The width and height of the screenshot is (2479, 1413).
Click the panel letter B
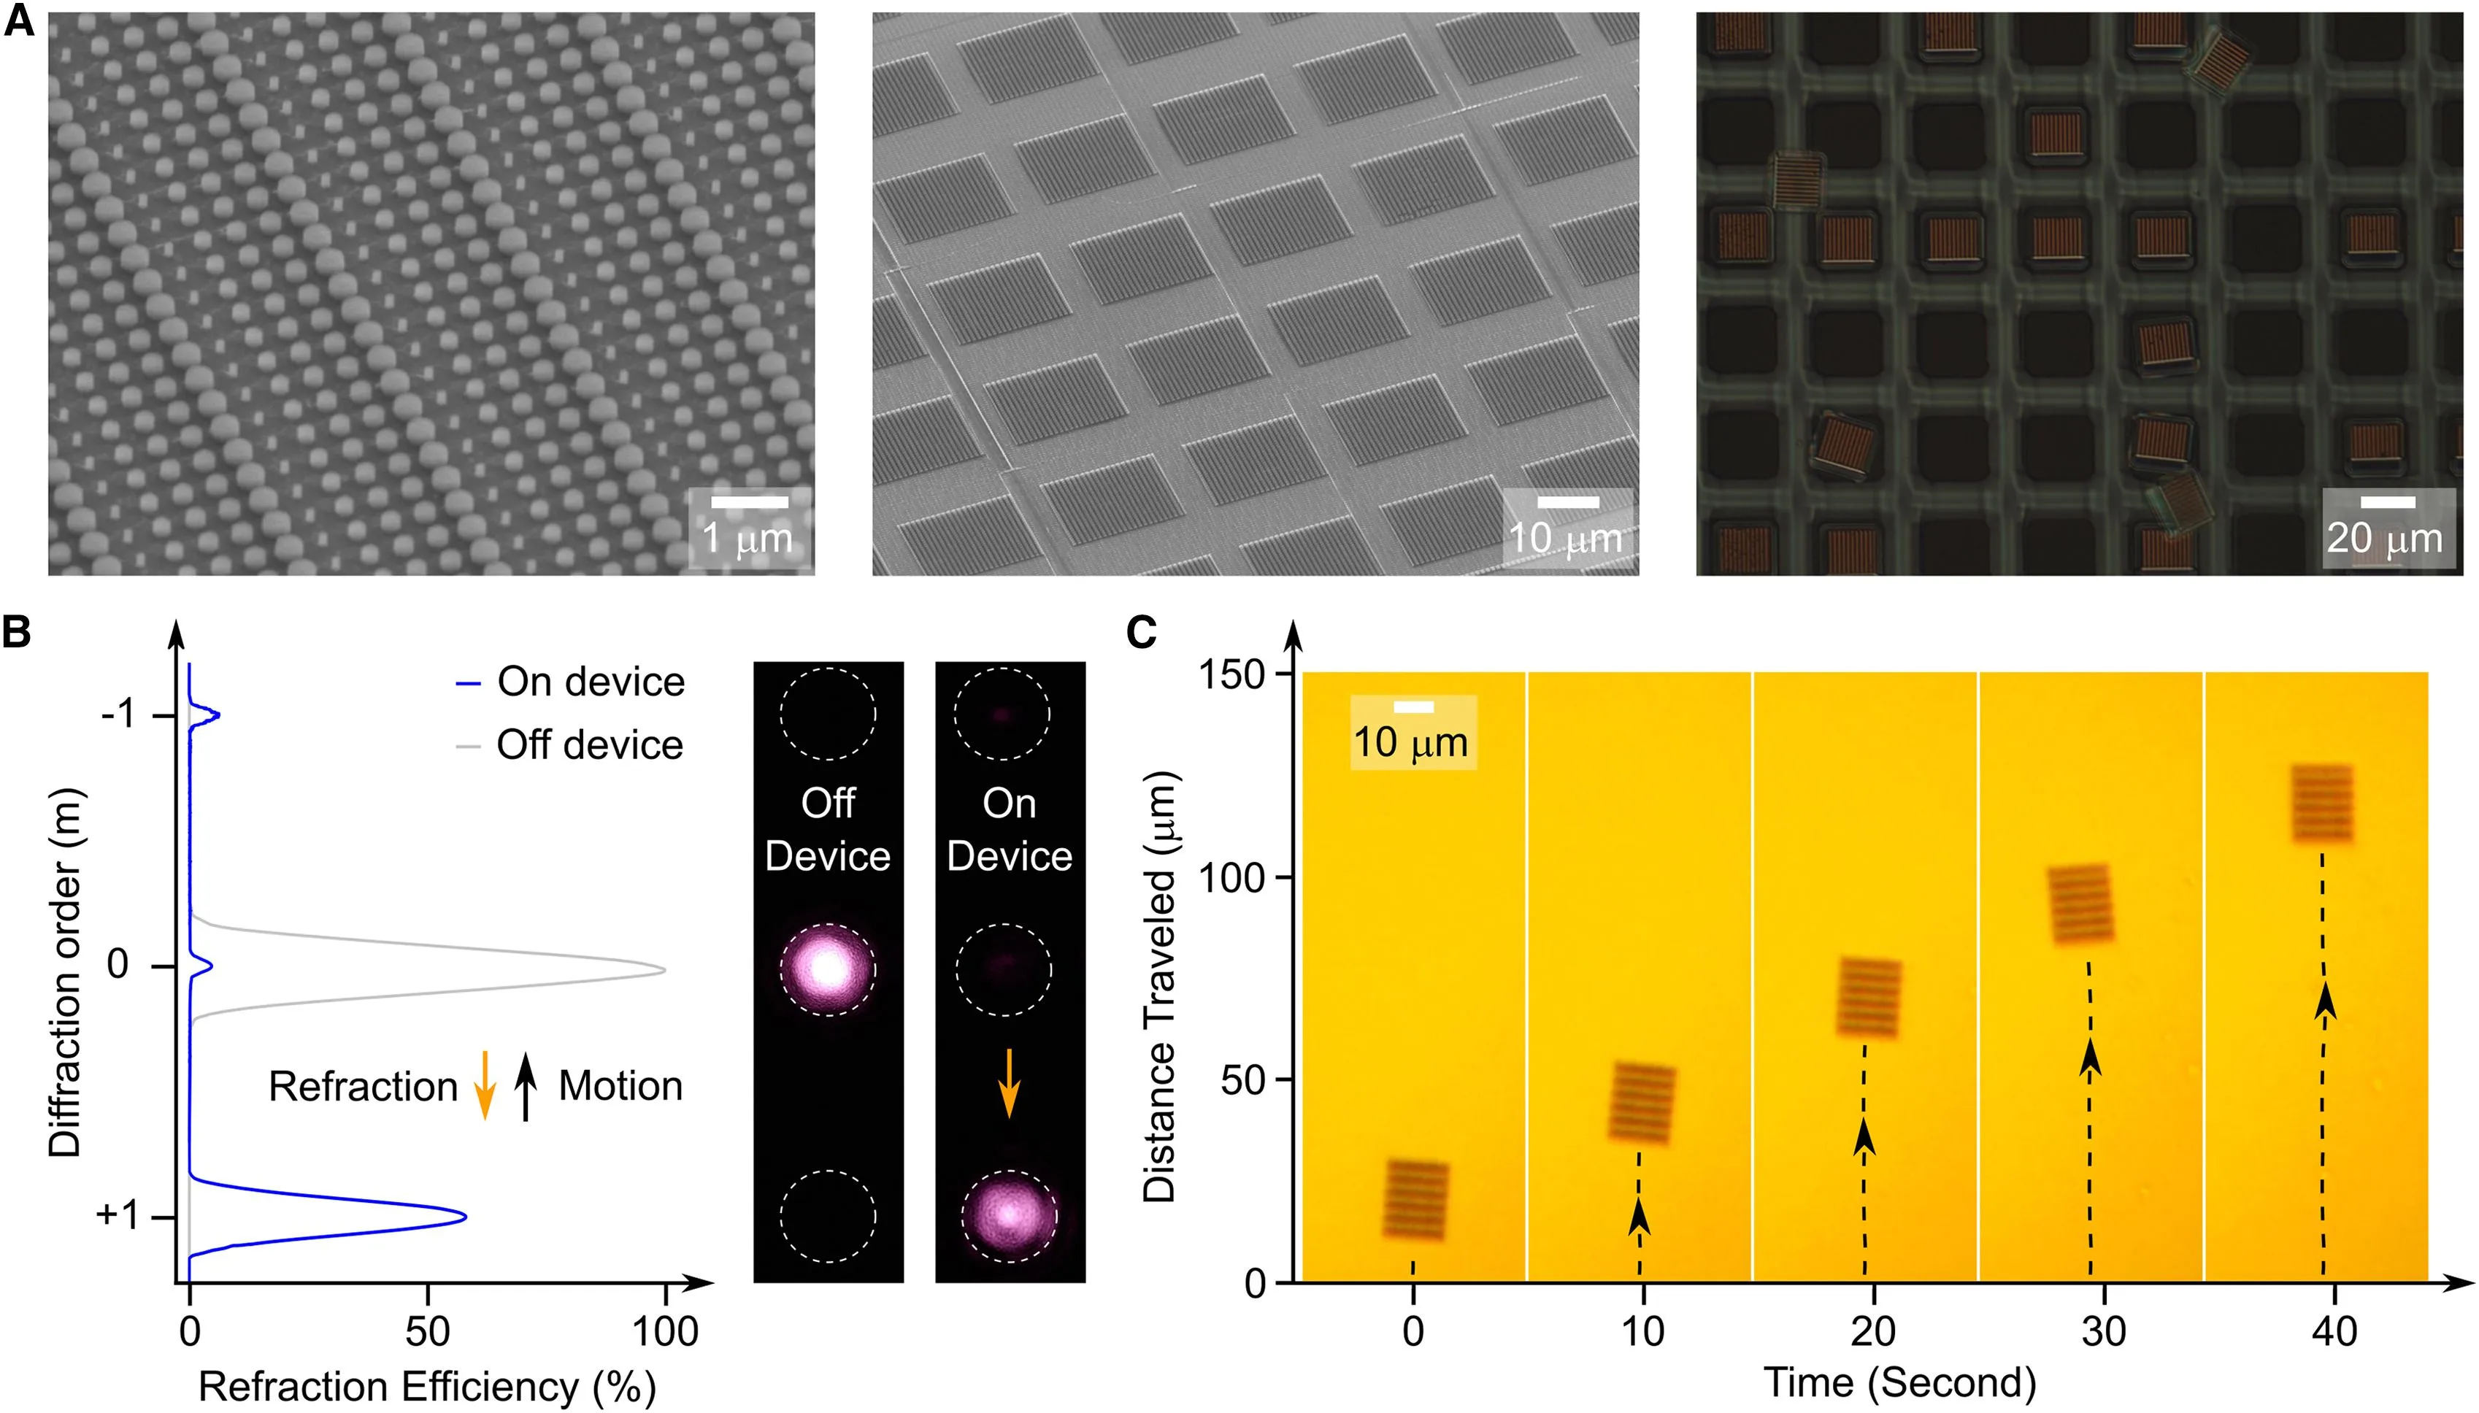tap(17, 633)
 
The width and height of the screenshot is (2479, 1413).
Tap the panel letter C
tap(1142, 633)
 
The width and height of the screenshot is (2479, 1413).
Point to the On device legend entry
tap(571, 682)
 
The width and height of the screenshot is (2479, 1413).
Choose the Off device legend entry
tap(571, 745)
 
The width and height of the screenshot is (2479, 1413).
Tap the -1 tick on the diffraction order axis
tap(118, 715)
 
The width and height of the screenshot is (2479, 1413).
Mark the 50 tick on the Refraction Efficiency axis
tap(427, 1331)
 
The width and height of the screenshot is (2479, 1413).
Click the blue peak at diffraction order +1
tap(464, 1216)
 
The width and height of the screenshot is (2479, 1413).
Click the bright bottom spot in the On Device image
tap(1010, 1214)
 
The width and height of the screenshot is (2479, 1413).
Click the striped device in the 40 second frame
tap(2323, 804)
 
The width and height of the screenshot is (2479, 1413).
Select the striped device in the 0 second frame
tap(1415, 1199)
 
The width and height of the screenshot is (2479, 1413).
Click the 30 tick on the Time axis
tap(2103, 1331)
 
